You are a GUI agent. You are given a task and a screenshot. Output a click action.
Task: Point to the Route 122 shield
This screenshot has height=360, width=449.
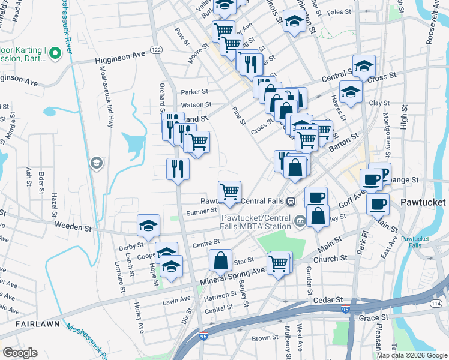point(157,50)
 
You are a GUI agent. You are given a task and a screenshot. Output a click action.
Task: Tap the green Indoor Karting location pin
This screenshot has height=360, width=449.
point(56,54)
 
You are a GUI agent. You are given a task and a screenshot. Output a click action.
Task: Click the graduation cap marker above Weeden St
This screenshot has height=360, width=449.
point(148,226)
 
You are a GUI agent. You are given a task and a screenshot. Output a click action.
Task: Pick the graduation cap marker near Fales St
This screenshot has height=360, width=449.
point(294,22)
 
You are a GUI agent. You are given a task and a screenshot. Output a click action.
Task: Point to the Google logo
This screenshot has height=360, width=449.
point(20,353)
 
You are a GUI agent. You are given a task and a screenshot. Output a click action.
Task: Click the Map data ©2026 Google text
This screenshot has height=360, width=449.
point(412,355)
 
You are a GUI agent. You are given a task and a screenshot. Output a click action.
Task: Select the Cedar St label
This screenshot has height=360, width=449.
point(331,299)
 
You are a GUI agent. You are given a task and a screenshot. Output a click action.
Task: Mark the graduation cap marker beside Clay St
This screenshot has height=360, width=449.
point(351,92)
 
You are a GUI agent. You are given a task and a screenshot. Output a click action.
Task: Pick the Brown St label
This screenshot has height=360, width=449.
point(265,338)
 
